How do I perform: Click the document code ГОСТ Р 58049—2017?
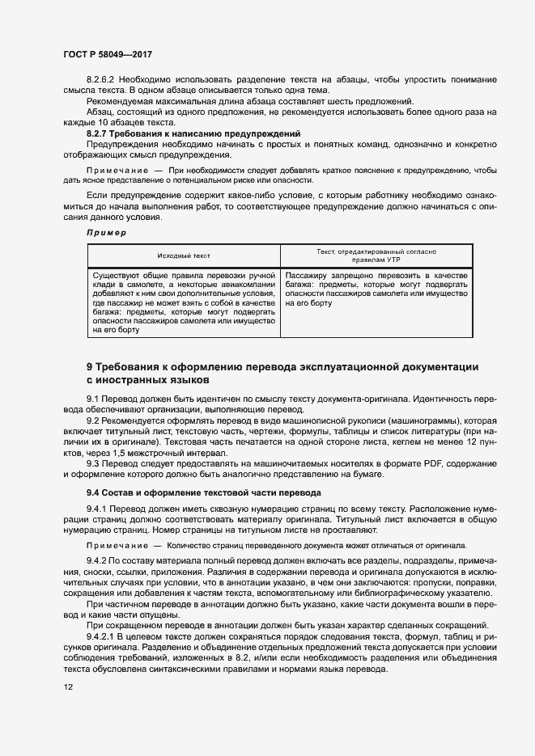click(x=108, y=54)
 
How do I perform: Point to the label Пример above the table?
click(x=106, y=233)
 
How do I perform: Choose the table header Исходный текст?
click(x=184, y=256)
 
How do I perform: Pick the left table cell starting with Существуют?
click(x=185, y=303)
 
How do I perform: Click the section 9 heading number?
click(x=90, y=367)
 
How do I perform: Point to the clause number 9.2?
click(x=92, y=422)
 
